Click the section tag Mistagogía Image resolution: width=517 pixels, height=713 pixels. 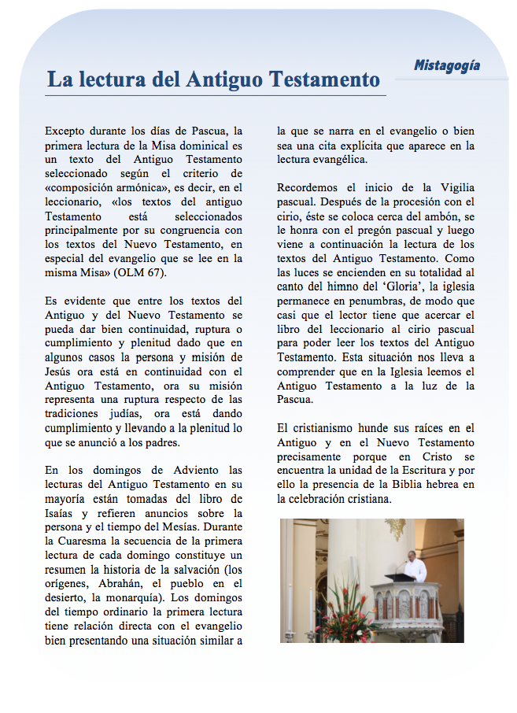pyautogui.click(x=446, y=65)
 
